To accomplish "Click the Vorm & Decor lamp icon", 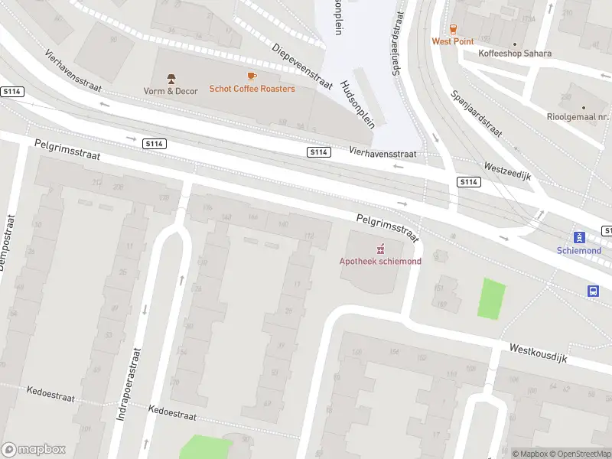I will [x=171, y=78].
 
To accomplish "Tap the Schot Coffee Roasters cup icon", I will [x=252, y=76].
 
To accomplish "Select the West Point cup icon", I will [x=453, y=28].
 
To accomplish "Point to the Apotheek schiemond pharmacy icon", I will [x=380, y=249].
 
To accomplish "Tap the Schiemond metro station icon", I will [x=579, y=237].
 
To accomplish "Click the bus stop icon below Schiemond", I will [x=592, y=291].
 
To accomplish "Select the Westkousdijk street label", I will [x=539, y=353].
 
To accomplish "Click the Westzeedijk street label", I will [x=507, y=171].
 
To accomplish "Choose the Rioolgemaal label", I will [x=582, y=117].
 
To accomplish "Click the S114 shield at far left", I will [x=13, y=92].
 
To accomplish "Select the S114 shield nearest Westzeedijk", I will [x=469, y=182].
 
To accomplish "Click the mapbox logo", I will [x=34, y=450].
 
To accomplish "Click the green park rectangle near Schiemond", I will [x=492, y=299].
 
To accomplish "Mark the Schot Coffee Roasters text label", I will [x=252, y=90].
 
